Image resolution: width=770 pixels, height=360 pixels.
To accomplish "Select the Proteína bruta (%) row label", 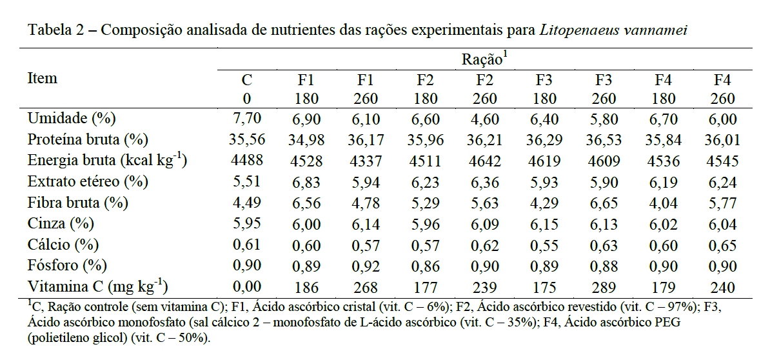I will point(88,139).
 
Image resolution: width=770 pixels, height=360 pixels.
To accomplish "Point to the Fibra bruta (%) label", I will point(78,203).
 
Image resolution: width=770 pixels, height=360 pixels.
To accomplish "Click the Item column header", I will point(43,79).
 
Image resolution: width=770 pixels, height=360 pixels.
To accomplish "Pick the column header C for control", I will point(246,81).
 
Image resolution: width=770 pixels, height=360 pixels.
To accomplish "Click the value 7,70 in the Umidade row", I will point(246,119).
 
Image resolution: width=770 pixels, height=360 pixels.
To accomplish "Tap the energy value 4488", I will point(246,161).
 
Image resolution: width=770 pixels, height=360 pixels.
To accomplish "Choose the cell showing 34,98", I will point(305,140).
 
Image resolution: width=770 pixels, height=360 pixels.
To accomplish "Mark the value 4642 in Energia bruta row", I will point(484,161).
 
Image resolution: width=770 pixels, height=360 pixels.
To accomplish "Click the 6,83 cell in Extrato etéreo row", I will point(305,183).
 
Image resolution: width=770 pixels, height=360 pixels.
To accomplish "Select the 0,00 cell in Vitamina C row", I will point(246,286).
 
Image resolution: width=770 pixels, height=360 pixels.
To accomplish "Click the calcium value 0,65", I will point(723,245).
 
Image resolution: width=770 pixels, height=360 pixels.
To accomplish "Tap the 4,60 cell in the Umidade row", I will point(484,119).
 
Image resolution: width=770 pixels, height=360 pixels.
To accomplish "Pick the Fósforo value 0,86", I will point(424,266).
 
